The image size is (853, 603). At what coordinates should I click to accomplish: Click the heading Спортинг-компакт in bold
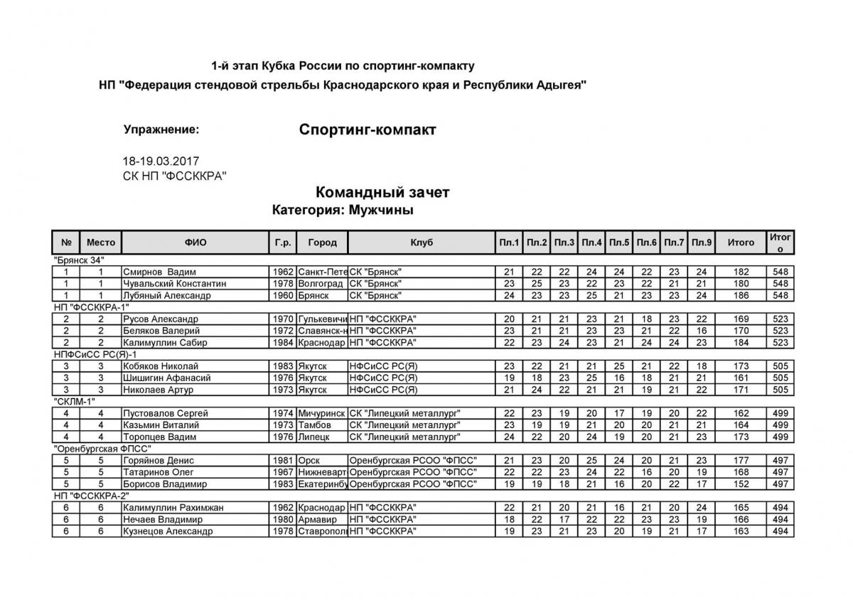tap(368, 130)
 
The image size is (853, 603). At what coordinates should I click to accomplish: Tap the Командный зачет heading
tap(382, 193)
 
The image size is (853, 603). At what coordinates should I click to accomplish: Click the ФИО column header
tap(195, 242)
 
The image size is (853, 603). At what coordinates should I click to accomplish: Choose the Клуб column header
tap(422, 242)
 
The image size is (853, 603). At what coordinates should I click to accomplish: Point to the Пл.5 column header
tap(619, 242)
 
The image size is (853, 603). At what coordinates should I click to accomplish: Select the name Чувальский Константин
tap(174, 284)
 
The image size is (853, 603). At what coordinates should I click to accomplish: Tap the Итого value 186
tap(741, 295)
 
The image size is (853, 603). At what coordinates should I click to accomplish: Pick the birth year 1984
tap(283, 343)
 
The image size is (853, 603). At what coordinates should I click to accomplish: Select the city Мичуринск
tap(322, 413)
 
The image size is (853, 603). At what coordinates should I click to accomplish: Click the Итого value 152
tap(741, 484)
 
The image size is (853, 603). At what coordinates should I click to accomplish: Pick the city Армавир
tap(317, 519)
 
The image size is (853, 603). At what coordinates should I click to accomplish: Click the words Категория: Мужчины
tap(343, 210)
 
